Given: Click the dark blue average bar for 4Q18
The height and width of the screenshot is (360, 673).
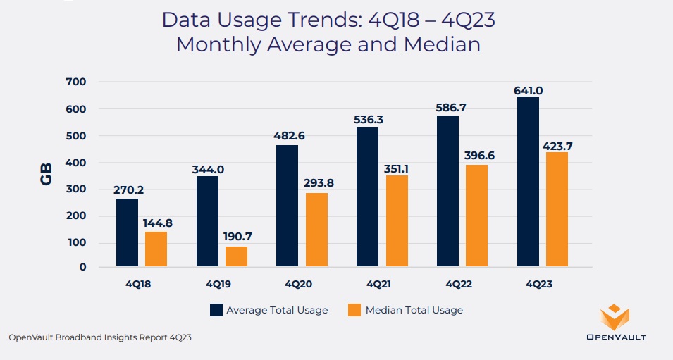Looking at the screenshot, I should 127,232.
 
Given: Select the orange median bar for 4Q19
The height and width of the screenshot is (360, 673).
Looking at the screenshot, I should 236,256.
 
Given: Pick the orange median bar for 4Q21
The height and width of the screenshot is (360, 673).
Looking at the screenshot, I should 397,221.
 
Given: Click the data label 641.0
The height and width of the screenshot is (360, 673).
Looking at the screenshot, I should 529,90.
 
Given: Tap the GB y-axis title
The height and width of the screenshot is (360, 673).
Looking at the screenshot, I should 47,175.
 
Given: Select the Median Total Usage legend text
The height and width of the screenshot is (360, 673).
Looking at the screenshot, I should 414,310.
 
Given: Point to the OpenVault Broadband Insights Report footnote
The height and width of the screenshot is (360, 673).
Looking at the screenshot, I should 100,337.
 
